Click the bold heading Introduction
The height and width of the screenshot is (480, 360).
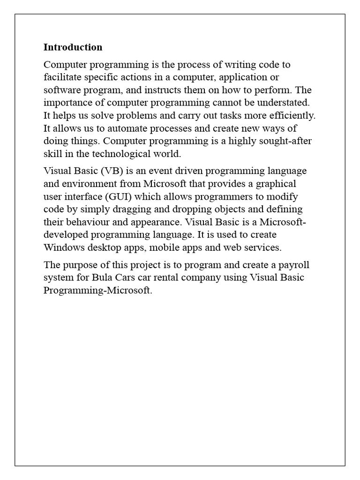coord(73,47)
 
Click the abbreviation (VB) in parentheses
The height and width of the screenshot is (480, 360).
coord(107,171)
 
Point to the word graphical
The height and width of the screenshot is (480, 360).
coord(277,183)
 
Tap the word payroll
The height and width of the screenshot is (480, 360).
coord(294,265)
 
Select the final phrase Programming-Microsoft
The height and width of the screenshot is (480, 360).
coord(97,290)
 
